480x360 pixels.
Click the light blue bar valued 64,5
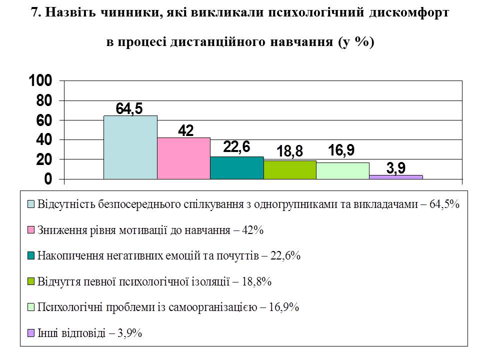130,147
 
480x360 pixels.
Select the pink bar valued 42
183,158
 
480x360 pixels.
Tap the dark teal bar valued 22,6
236,168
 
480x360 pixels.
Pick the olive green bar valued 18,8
290,170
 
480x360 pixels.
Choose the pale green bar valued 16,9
343,171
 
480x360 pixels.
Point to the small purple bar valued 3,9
396,177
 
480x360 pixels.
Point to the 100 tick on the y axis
40,81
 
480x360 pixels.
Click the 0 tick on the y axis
48,179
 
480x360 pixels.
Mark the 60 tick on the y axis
44,120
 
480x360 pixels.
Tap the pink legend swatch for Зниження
31,230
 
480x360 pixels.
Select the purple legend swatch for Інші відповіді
31,333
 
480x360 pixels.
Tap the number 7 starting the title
34,14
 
